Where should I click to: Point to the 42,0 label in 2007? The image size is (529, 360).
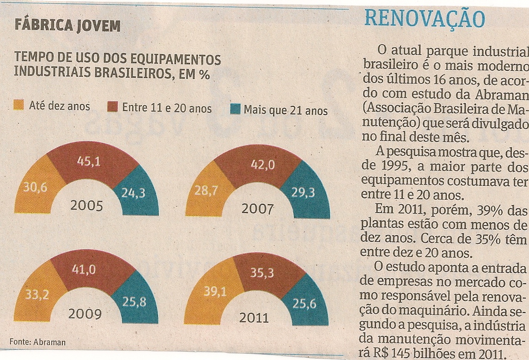(263, 165)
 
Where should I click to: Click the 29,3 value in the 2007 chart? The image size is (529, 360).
(303, 193)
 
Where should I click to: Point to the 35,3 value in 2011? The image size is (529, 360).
(262, 273)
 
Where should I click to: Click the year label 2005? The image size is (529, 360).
(86, 206)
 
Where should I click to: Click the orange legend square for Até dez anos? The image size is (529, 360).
(19, 105)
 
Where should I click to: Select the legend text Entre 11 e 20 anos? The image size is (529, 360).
(167, 109)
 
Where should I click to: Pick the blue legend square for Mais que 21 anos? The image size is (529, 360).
(235, 110)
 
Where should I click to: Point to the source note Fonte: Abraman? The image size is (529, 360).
(37, 342)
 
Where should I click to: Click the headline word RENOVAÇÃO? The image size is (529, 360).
(425, 19)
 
